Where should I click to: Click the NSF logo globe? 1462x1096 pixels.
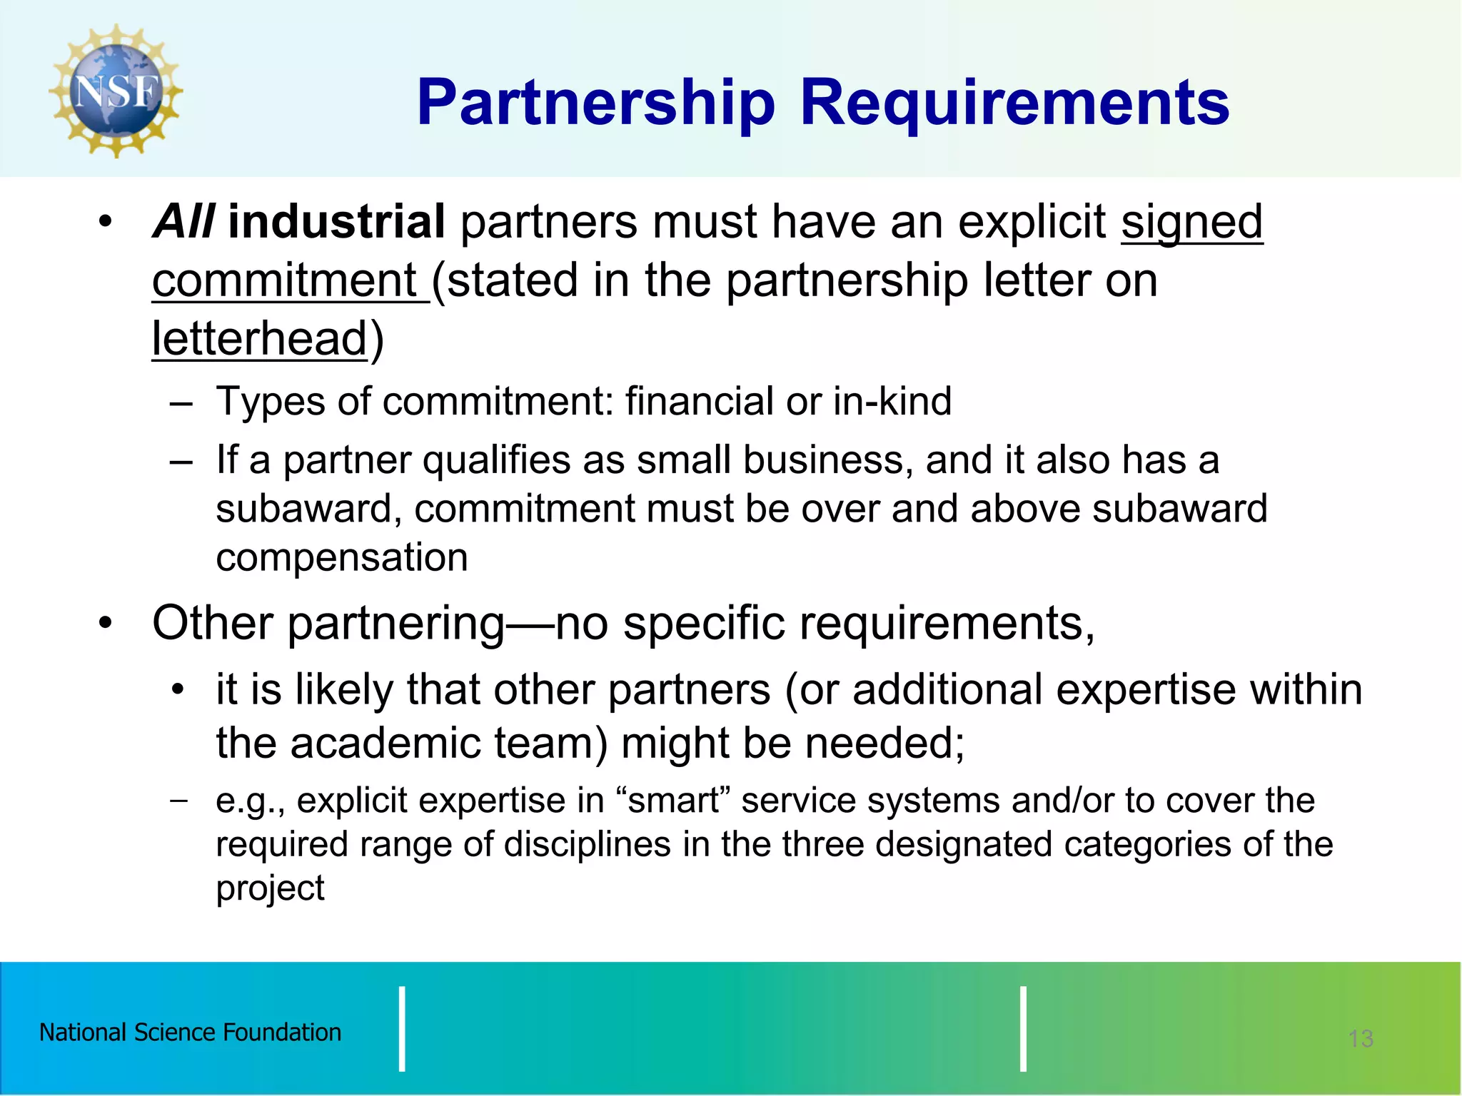[116, 91]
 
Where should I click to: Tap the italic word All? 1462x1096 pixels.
[183, 221]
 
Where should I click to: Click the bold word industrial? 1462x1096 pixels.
[336, 221]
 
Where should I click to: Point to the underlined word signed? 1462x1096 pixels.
[1191, 223]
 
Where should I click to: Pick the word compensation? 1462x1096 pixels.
[342, 557]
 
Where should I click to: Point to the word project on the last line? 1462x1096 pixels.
[270, 889]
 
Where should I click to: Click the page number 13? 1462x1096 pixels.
[1361, 1038]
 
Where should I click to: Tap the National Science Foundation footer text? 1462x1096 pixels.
[190, 1032]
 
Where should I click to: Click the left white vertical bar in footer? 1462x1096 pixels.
[402, 1029]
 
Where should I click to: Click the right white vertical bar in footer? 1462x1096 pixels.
[1023, 1029]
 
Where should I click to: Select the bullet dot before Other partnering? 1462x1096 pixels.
[106, 623]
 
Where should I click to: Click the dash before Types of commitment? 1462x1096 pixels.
[181, 402]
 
